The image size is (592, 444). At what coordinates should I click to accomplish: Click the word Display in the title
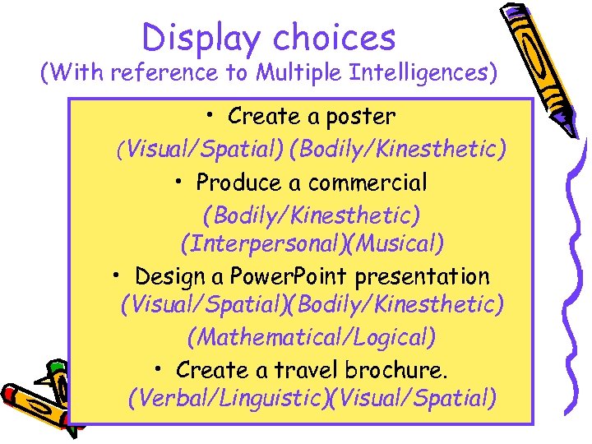pos(201,37)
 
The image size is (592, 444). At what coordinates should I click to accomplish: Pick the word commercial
pos(377,182)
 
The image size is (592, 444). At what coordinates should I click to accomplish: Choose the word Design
pos(167,275)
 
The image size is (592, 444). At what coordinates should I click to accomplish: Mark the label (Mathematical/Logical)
pos(312,336)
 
